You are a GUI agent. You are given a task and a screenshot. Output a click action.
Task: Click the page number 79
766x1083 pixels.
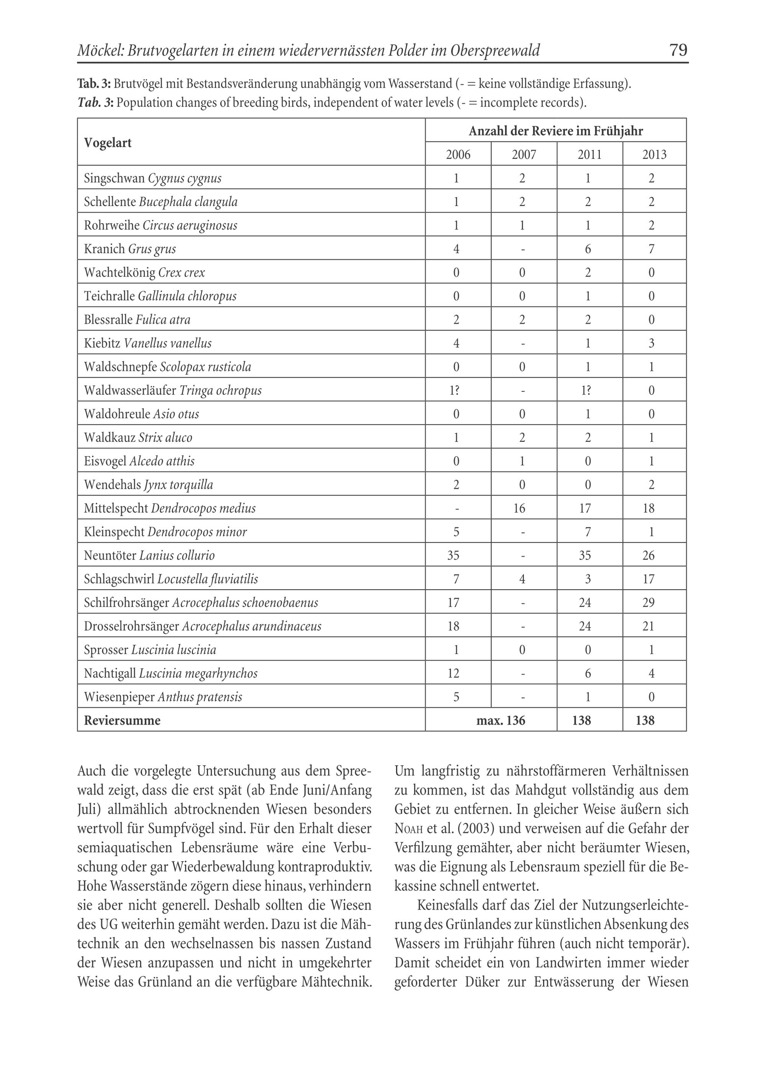pos(678,50)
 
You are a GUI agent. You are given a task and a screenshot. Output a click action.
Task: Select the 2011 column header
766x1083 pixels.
pos(589,154)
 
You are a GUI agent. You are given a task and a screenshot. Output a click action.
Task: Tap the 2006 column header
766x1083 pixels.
pos(458,154)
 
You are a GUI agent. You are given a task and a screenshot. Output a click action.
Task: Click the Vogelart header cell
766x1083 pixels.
pos(108,142)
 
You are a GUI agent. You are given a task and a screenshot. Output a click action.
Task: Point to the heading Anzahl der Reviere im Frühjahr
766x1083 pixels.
pos(555,131)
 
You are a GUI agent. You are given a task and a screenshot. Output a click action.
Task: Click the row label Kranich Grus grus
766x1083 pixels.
pos(130,249)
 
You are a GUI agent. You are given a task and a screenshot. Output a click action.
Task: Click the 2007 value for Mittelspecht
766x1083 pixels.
pos(522,508)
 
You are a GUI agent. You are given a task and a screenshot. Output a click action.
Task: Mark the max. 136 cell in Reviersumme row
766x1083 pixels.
pos(501,720)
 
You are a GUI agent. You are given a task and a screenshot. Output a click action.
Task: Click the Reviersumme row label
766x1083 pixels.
pos(122,720)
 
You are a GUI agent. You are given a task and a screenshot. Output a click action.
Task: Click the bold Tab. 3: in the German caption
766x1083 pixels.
pos(94,84)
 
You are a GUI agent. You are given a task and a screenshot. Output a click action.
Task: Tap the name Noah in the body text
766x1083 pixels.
pos(408,829)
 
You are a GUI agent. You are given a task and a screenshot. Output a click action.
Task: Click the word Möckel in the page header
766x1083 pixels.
pos(100,51)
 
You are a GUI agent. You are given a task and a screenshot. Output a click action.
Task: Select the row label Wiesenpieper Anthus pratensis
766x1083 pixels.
pos(163,697)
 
